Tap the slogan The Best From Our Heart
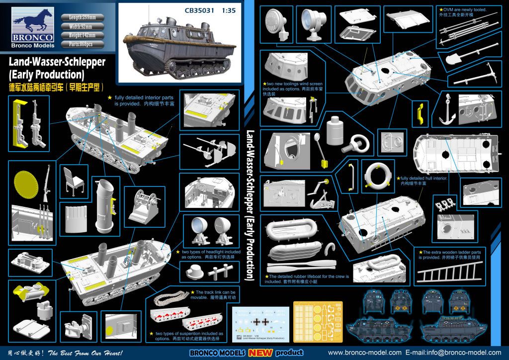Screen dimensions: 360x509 point(92,353)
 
